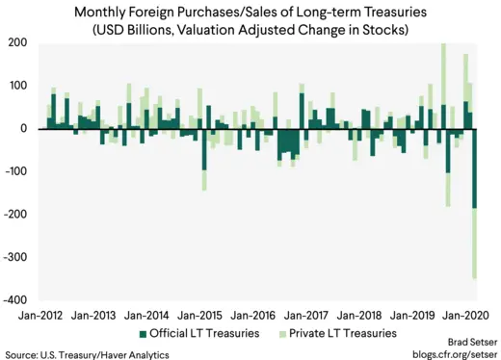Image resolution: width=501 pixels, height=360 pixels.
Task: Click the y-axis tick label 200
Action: (x=17, y=42)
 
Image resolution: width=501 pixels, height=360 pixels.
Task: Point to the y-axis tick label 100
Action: (x=17, y=86)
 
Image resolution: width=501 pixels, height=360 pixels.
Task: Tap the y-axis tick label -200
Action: (x=14, y=215)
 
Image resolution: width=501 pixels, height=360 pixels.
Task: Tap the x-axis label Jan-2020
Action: (x=470, y=315)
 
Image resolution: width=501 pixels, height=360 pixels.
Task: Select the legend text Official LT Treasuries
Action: (x=206, y=334)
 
